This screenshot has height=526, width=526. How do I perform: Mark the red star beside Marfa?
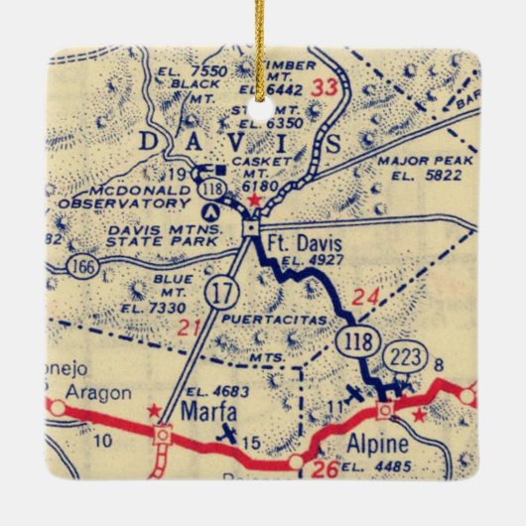[153, 409]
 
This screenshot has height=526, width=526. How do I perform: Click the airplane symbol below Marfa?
[228, 434]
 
